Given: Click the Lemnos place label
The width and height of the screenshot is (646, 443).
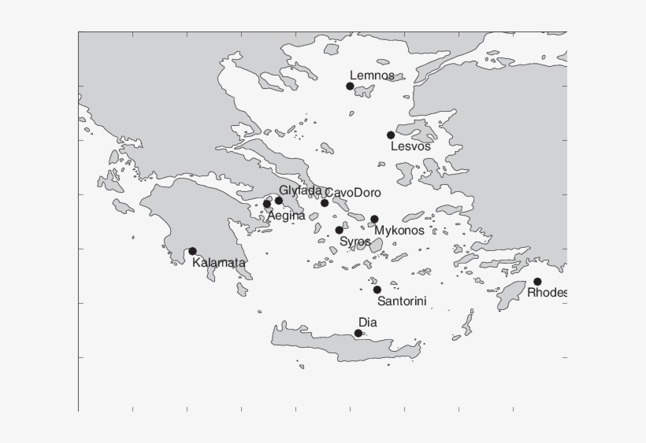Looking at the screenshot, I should [x=372, y=76].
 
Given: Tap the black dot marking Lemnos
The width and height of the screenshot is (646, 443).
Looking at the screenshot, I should [x=350, y=86].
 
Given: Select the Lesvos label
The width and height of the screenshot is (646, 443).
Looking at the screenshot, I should [x=410, y=146].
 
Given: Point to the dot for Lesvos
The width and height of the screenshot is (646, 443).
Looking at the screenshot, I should [x=391, y=135].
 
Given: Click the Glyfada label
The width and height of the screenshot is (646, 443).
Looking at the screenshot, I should [x=300, y=190].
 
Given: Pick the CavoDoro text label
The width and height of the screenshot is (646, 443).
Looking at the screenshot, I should [x=353, y=193].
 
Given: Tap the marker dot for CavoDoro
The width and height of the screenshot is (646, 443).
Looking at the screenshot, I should [x=325, y=203].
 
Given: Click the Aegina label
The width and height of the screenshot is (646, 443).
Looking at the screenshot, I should [x=286, y=216].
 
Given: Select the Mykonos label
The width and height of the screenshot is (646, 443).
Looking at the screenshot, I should [x=399, y=231].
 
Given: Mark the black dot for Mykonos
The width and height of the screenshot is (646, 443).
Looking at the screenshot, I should [x=374, y=219].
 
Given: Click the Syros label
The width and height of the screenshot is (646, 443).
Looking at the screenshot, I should [x=355, y=242].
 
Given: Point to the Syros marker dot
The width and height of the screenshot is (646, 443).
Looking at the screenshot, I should [x=339, y=231].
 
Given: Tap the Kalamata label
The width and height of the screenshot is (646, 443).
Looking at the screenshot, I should [x=219, y=263].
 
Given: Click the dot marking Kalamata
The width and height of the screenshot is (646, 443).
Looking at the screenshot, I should [x=192, y=251].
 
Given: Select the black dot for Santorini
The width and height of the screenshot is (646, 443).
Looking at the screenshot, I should [x=377, y=290].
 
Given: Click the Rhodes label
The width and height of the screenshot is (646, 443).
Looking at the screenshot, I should [x=548, y=293].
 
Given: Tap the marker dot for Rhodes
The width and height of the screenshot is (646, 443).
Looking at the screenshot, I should [x=537, y=282].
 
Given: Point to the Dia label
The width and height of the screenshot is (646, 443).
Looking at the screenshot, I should [x=368, y=322].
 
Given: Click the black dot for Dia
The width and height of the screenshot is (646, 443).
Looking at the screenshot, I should [x=358, y=334].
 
